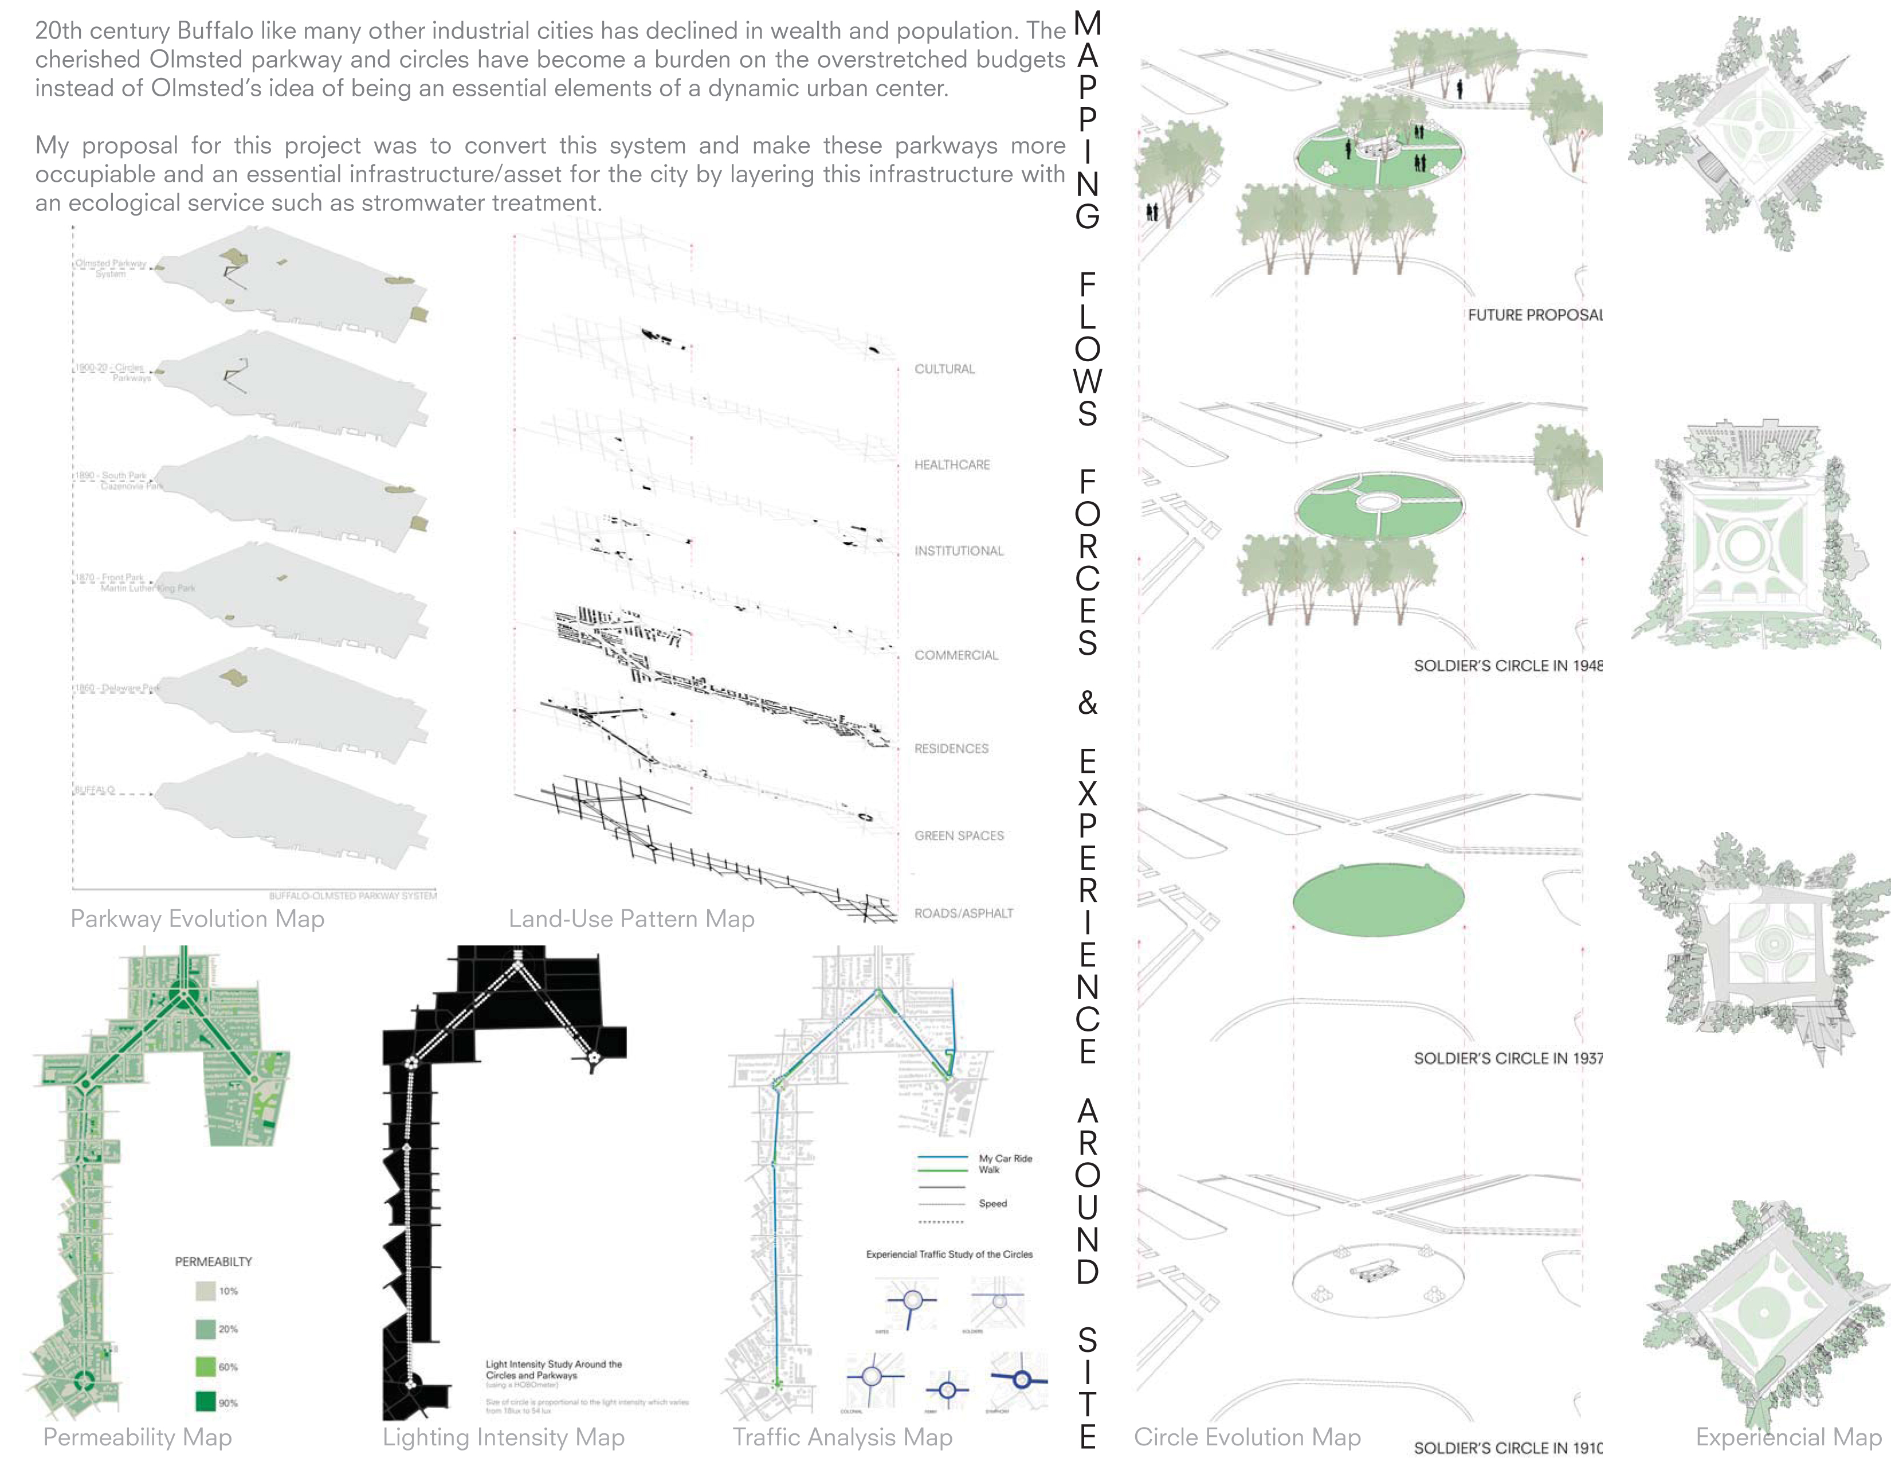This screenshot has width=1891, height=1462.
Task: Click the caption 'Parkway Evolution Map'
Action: [x=198, y=919]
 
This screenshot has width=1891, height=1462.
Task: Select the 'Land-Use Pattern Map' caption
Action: [x=631, y=919]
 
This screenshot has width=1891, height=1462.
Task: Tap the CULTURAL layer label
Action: [x=944, y=369]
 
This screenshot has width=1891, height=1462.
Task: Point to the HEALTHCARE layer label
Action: [x=952, y=465]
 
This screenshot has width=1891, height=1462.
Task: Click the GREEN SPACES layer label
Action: [x=959, y=836]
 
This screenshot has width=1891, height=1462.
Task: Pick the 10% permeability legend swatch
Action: [x=205, y=1291]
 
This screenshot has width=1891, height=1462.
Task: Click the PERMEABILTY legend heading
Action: [x=213, y=1262]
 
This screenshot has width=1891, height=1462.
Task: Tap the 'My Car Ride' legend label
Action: [x=1005, y=1158]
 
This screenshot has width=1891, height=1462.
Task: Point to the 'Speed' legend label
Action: [x=992, y=1203]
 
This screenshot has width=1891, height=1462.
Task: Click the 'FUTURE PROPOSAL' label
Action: [x=1534, y=315]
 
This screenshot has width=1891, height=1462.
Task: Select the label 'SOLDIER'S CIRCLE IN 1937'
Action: [x=1508, y=1058]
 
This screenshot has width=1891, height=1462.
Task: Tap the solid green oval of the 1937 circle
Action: [x=1378, y=899]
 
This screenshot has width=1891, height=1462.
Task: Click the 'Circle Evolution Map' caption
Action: [x=1247, y=1438]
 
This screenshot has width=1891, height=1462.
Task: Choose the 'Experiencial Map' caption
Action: [x=1788, y=1438]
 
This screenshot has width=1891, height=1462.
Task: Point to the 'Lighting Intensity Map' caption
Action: [x=503, y=1438]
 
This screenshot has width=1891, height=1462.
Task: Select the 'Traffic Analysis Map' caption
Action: [x=842, y=1438]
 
